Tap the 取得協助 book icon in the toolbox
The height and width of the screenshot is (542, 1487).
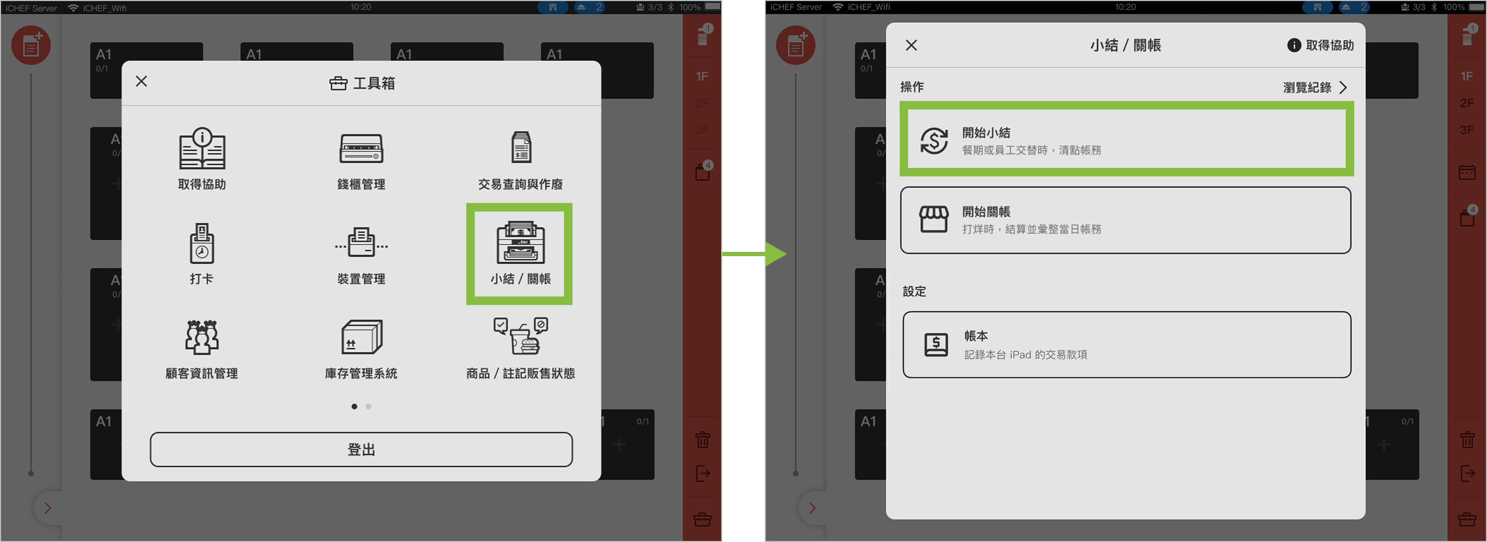coord(201,148)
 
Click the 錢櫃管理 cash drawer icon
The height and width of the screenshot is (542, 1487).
coord(361,148)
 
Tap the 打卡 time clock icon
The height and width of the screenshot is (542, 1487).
coord(201,243)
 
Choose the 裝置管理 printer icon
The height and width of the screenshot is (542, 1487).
coord(361,242)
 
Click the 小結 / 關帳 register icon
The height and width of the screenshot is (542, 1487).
coord(520,242)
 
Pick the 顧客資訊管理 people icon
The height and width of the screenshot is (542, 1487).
coord(201,337)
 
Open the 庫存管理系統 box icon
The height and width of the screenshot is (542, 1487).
coord(361,337)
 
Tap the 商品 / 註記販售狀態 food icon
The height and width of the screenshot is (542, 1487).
coord(520,336)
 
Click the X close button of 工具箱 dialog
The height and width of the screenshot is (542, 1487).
coord(141,81)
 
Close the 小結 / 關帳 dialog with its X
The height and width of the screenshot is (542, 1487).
coord(911,45)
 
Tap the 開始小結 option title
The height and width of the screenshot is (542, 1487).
coord(986,132)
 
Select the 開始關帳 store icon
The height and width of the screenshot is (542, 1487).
coord(934,219)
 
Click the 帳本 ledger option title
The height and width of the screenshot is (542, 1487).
coord(976,336)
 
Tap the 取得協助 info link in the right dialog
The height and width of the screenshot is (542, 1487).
coord(1320,45)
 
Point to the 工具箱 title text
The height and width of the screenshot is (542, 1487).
coord(374,83)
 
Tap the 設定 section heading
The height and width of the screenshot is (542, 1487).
coord(915,291)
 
